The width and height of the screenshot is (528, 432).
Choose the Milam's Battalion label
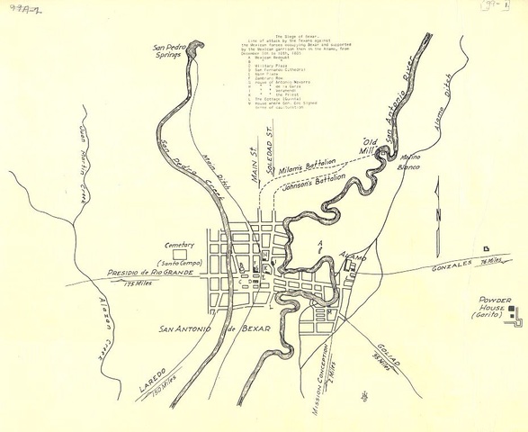click(x=306, y=165)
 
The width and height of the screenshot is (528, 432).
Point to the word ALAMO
click(x=353, y=258)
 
